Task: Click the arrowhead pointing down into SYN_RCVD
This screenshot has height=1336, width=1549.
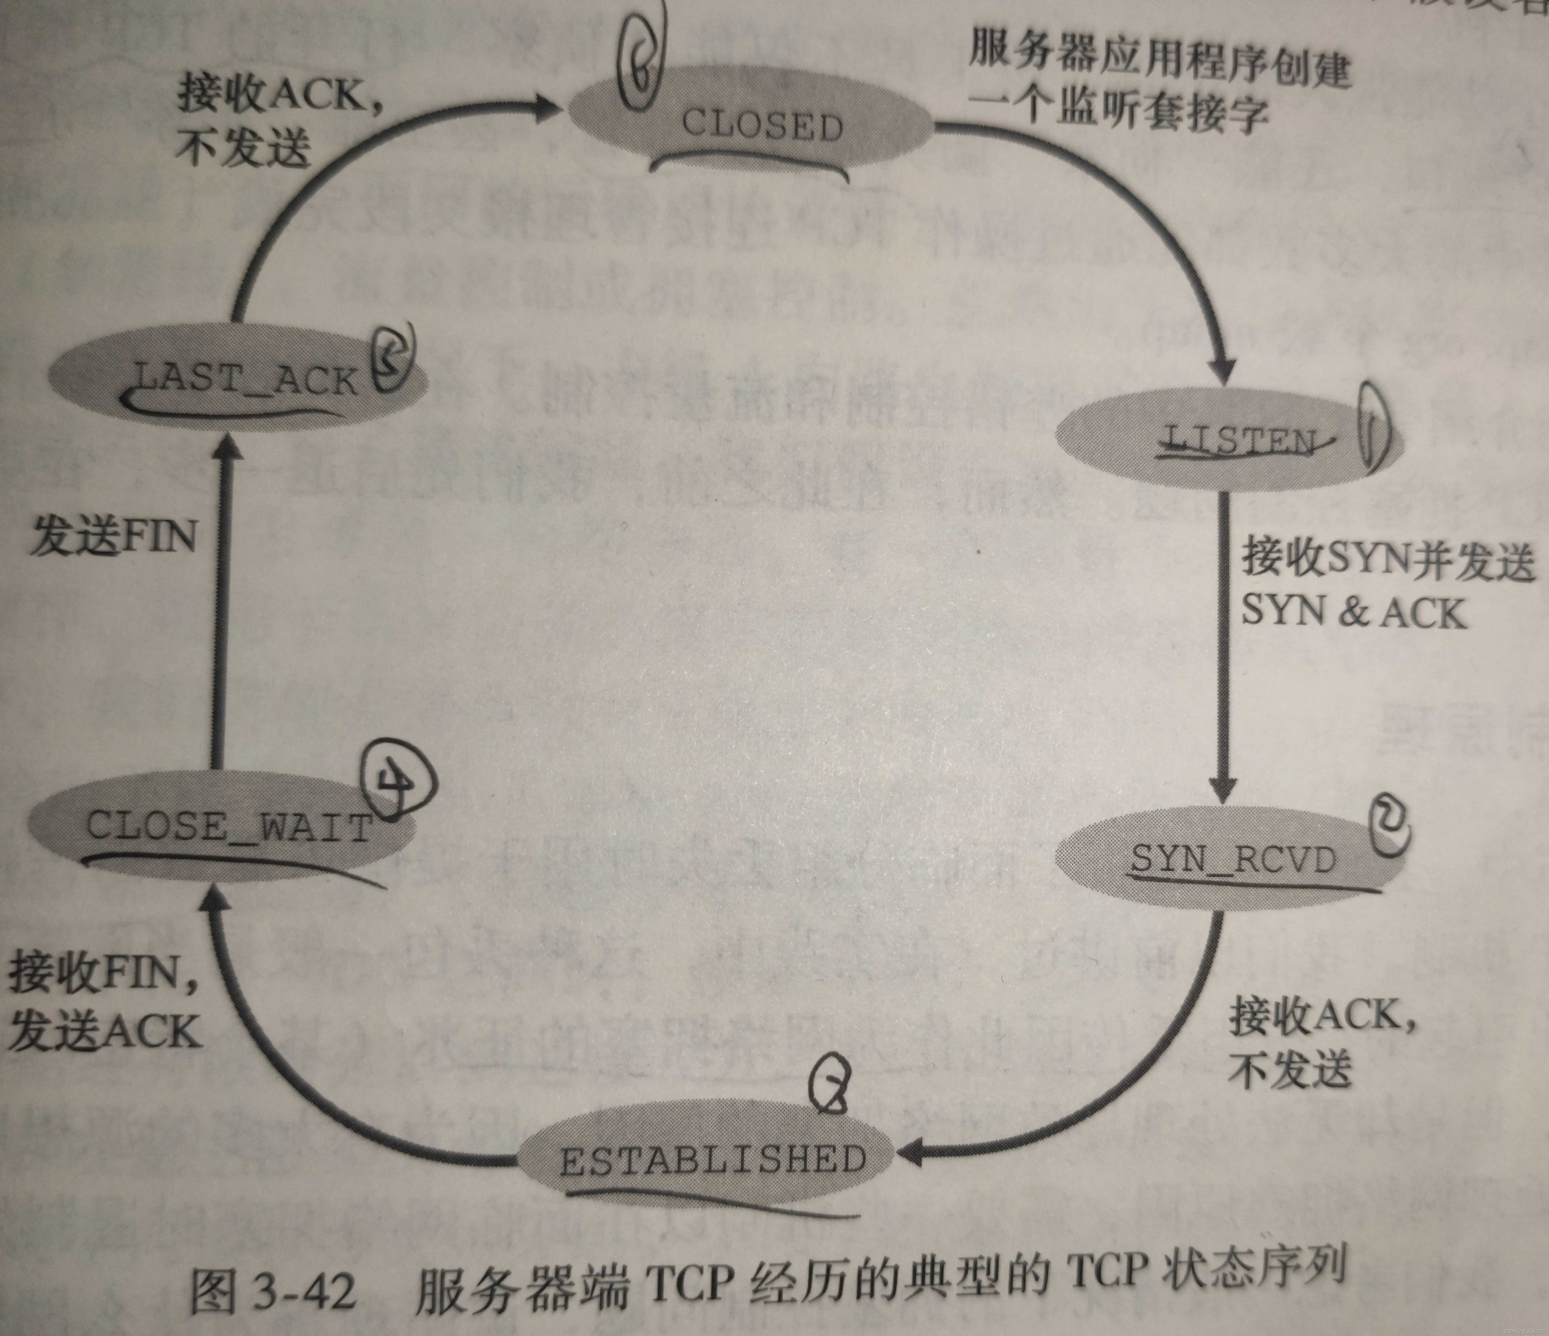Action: click(1223, 789)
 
